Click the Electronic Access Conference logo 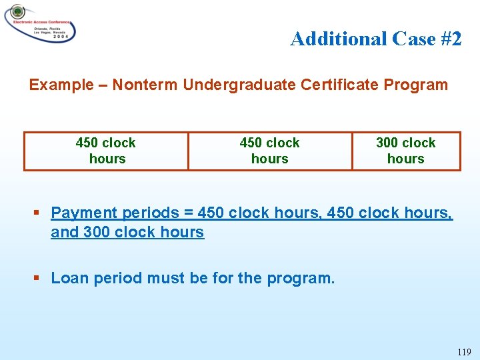coord(39,23)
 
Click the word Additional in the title coord(337,39)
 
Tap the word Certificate coord(321,85)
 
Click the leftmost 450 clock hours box coord(106,151)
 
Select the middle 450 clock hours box coord(269,151)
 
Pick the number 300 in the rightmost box coord(387,143)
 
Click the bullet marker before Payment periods coord(37,213)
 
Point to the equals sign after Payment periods coord(188,213)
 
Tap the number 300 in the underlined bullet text coord(97,233)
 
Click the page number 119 coord(464,352)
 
